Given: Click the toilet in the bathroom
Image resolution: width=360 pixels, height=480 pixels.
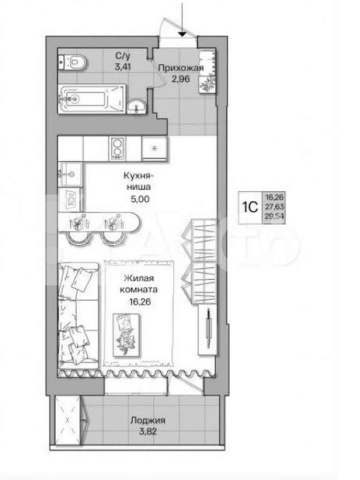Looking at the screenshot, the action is [73, 62].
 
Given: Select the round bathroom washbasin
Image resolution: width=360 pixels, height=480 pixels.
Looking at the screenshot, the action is [137, 106].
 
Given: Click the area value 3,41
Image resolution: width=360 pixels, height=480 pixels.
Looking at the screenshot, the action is [123, 67].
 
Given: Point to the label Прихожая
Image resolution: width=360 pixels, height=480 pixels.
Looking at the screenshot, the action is [181, 68].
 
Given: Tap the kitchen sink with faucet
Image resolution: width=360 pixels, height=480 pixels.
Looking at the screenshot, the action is [70, 174].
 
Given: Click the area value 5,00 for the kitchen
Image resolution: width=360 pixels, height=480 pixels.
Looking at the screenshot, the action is [140, 199].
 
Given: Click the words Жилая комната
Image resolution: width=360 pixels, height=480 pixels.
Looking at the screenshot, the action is [139, 284].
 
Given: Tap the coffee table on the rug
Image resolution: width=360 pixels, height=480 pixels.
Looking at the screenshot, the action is [126, 335].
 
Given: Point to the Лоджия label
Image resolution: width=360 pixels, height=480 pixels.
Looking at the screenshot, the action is [148, 420].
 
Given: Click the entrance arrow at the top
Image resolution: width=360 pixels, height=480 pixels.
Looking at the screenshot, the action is [182, 18].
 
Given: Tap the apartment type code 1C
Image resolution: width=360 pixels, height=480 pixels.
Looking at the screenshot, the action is [250, 207].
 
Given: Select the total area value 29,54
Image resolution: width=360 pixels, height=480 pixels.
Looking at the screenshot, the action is [275, 217].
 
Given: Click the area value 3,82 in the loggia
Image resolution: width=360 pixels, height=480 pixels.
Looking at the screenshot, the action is [148, 432].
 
